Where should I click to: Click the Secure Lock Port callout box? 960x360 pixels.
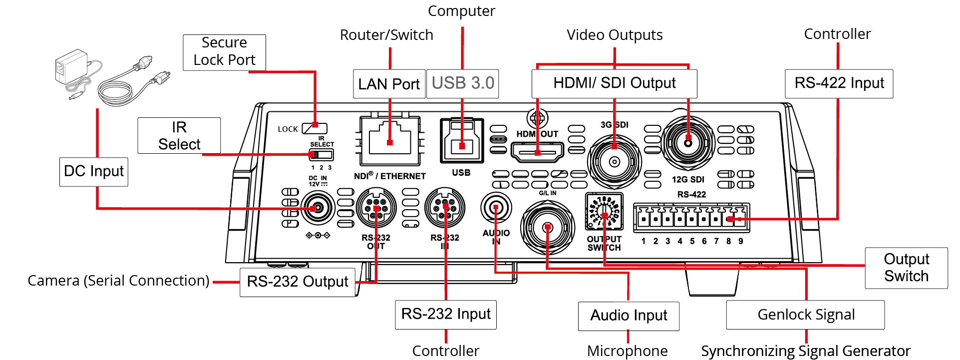coord(224,52)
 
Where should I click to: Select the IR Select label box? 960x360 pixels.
coord(179,135)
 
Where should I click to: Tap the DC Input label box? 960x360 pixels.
coord(94,171)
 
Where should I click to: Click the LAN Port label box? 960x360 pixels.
coord(389,83)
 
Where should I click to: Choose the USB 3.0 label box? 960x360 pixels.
coord(462,83)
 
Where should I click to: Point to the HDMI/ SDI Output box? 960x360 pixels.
coord(614,83)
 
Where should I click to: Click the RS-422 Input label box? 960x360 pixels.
coord(839,83)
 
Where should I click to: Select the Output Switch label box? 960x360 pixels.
coord(906,268)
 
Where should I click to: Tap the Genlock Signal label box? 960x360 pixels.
coord(805,315)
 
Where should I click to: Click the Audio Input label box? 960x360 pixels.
coord(629,316)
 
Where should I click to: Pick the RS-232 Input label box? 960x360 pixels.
coord(445,314)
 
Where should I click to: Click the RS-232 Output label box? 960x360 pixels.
coord(298,282)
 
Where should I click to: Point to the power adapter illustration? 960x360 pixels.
coord(110,77)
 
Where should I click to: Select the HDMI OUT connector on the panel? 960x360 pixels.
coord(537,151)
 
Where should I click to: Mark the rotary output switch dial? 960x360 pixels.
coord(605,211)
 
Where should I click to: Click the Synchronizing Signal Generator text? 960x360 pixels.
coord(805,351)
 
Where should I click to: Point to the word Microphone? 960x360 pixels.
coord(627,351)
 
